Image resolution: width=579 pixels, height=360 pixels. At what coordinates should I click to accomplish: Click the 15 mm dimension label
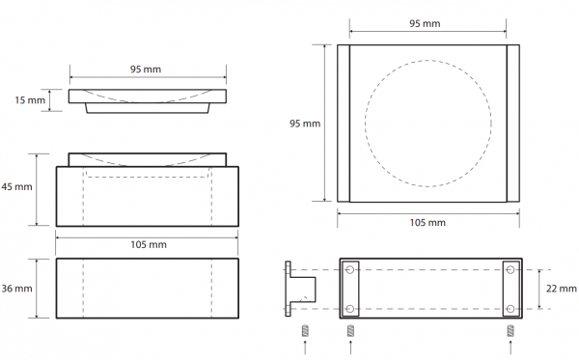point(30,100)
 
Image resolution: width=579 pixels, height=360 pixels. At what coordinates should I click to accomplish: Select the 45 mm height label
point(16,187)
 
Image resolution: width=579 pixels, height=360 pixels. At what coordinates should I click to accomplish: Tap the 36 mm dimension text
point(16,289)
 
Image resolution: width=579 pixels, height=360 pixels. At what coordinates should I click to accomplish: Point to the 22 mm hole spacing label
point(562,289)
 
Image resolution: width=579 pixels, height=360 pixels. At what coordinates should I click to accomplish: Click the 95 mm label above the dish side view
point(146,69)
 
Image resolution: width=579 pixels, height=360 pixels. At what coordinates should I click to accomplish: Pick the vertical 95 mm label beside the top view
point(305,124)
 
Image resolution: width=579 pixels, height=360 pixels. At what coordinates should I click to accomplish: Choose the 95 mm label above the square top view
point(425,23)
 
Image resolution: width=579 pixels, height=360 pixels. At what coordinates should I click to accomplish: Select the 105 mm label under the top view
point(427,223)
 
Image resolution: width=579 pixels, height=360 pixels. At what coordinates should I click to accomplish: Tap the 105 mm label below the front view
point(149,244)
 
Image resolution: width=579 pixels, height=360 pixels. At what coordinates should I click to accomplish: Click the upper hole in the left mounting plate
point(350,270)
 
